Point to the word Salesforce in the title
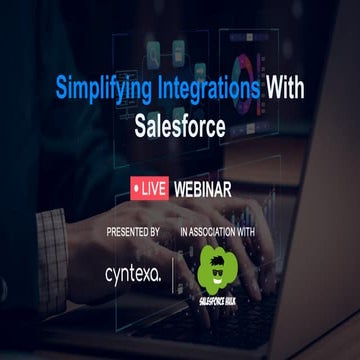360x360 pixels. (180, 127)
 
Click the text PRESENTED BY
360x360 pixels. (133, 232)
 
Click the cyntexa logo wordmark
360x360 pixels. (132, 273)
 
